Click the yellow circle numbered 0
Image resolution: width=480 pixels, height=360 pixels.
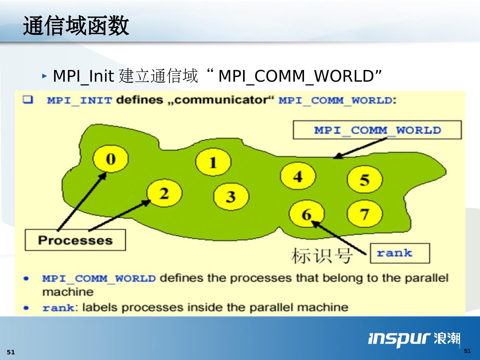click(110, 159)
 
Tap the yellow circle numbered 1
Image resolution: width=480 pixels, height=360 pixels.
click(213, 163)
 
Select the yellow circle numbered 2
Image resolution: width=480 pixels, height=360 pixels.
click(164, 193)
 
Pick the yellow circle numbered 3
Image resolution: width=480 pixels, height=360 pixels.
click(231, 196)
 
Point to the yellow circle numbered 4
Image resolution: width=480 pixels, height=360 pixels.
click(298, 176)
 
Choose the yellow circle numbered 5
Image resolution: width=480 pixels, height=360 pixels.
click(365, 179)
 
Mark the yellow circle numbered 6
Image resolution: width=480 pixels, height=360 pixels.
click(306, 214)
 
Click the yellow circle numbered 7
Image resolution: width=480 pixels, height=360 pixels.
click(365, 214)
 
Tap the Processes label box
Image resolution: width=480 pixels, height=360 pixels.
click(75, 240)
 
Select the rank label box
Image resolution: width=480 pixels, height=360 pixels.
click(400, 253)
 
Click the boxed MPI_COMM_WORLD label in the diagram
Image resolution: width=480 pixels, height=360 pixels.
click(377, 130)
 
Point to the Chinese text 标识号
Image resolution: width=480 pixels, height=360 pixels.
click(322, 256)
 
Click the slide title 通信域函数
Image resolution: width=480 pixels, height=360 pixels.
click(76, 26)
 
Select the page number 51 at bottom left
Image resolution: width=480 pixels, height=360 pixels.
click(11, 352)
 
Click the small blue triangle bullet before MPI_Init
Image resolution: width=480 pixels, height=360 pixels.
click(45, 76)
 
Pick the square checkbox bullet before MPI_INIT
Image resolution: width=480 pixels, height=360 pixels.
click(28, 100)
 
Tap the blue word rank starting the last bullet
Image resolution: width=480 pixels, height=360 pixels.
click(58, 308)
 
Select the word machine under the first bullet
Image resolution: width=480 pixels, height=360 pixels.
click(68, 292)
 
